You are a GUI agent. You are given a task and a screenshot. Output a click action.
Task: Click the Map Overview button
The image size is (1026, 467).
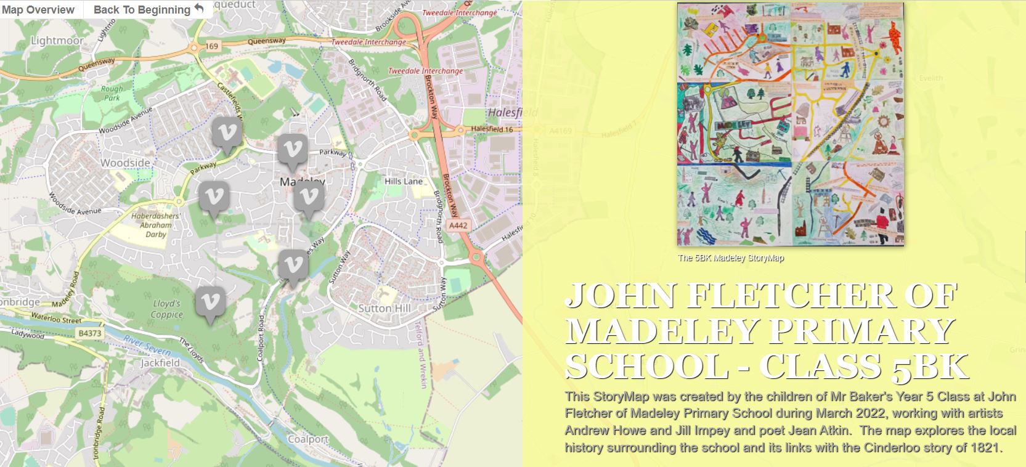[x=38, y=10]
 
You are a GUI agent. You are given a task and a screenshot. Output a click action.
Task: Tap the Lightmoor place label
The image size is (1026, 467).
[x=57, y=41]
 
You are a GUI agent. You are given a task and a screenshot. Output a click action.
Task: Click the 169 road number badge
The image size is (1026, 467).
[x=212, y=46]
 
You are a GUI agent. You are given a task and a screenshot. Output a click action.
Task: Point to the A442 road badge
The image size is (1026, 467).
[x=458, y=225]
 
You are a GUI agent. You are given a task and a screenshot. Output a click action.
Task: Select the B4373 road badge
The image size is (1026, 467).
[x=89, y=333]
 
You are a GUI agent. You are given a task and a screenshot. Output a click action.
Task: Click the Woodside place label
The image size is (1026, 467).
[x=126, y=163]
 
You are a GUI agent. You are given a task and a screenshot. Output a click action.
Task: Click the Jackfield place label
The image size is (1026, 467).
[x=160, y=363]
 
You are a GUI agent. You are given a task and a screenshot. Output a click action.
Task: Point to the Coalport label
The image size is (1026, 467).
[x=308, y=439]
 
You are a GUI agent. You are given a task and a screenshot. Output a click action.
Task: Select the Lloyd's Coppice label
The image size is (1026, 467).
[x=167, y=309]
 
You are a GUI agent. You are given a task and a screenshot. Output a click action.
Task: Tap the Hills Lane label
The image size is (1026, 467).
[x=404, y=181]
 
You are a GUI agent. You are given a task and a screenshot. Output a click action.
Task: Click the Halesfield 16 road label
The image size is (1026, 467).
[x=492, y=129]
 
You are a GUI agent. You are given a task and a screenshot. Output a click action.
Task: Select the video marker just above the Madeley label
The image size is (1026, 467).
[x=292, y=150]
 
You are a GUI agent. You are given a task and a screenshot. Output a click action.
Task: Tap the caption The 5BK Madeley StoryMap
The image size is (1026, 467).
[x=731, y=258]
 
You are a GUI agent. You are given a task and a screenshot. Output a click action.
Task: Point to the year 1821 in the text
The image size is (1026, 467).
[x=983, y=447]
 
